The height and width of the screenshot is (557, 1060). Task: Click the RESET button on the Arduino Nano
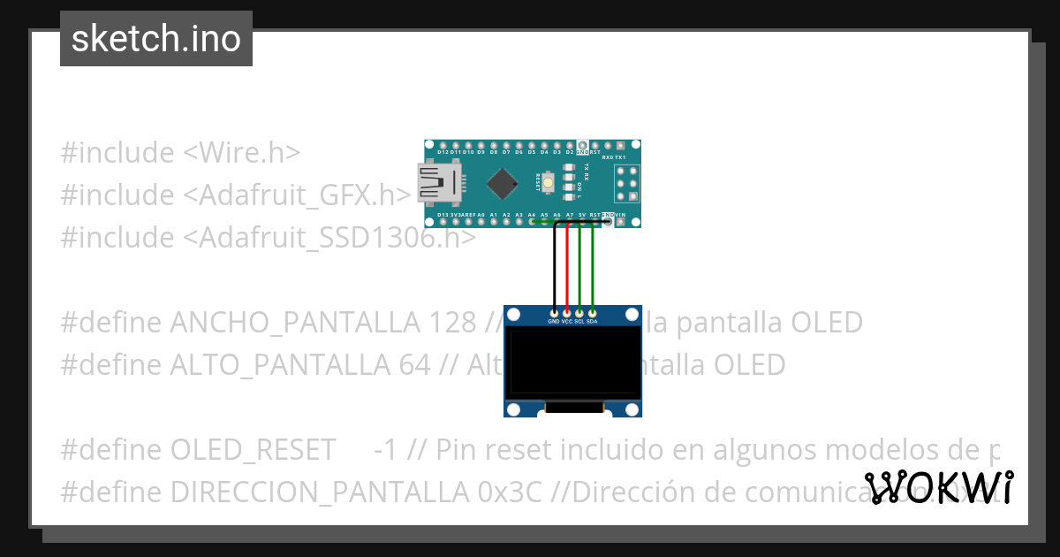549,183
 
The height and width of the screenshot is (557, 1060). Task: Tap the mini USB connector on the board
434,183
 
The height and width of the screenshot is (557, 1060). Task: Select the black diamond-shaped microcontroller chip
503,183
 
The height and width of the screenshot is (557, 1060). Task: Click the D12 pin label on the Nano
443,152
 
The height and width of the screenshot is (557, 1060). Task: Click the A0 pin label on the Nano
481,215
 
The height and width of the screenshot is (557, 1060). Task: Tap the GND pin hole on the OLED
554,312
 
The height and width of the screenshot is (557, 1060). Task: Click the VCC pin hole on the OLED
566,312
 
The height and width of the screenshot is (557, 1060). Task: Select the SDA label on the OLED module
592,322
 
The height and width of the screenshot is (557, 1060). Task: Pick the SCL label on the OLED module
579,322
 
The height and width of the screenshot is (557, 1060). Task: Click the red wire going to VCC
566,265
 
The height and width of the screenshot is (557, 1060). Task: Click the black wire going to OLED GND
554,265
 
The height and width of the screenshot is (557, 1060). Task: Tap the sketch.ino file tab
156,39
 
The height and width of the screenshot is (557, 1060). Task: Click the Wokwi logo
939,487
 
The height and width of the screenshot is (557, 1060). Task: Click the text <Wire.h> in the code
241,152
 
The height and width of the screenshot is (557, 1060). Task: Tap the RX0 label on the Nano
608,157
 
